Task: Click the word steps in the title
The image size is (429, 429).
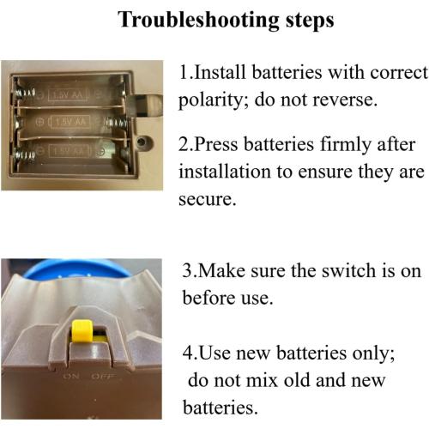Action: [310, 21]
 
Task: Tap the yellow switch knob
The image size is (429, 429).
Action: [82, 331]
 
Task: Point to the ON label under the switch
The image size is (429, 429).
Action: [71, 376]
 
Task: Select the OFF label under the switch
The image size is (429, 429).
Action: [103, 376]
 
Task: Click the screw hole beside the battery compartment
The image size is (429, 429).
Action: [142, 141]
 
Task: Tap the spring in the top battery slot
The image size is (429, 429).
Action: [25, 94]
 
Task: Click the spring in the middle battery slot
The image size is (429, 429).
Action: [116, 124]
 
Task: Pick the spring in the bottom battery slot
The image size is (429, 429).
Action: [25, 155]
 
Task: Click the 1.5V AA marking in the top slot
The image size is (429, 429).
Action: [68, 94]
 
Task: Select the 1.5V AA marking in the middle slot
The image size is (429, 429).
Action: [70, 122]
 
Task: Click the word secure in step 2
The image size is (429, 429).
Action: [207, 199]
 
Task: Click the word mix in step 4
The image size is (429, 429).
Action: [262, 380]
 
